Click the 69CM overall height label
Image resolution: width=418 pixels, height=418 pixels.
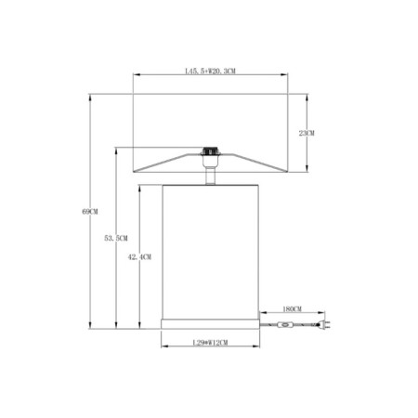point(90,212)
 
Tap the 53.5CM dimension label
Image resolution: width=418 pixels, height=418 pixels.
point(116,239)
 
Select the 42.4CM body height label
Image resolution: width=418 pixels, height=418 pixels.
point(139,257)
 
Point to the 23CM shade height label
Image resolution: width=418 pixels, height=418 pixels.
point(307,133)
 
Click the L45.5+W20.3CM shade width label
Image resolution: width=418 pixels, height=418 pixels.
point(210,72)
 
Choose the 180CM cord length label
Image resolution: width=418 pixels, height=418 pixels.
point(292,309)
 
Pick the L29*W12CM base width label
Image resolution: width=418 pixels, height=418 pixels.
point(210,343)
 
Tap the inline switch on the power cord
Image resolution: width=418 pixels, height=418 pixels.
point(285,325)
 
